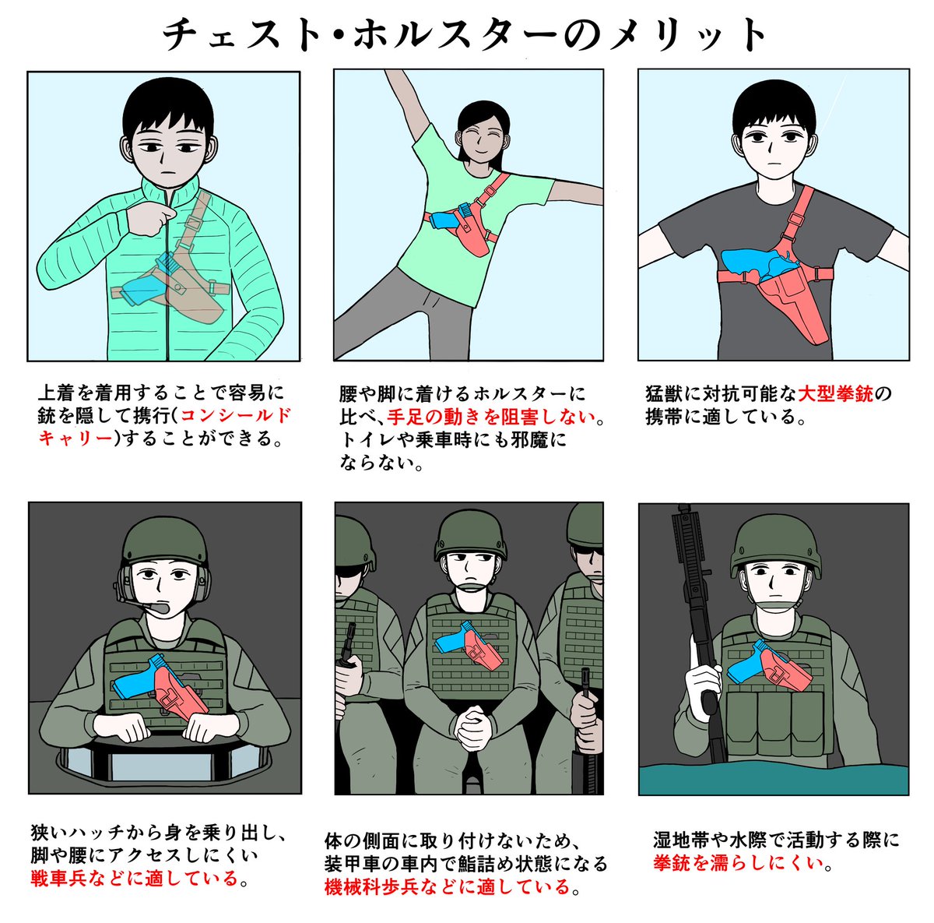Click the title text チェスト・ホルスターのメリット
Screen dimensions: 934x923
pyautogui.click(x=465, y=34)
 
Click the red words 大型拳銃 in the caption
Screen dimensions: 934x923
pyautogui.click(x=835, y=393)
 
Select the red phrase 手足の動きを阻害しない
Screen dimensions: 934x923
pyautogui.click(x=491, y=417)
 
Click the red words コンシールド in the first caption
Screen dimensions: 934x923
pyautogui.click(x=236, y=415)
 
